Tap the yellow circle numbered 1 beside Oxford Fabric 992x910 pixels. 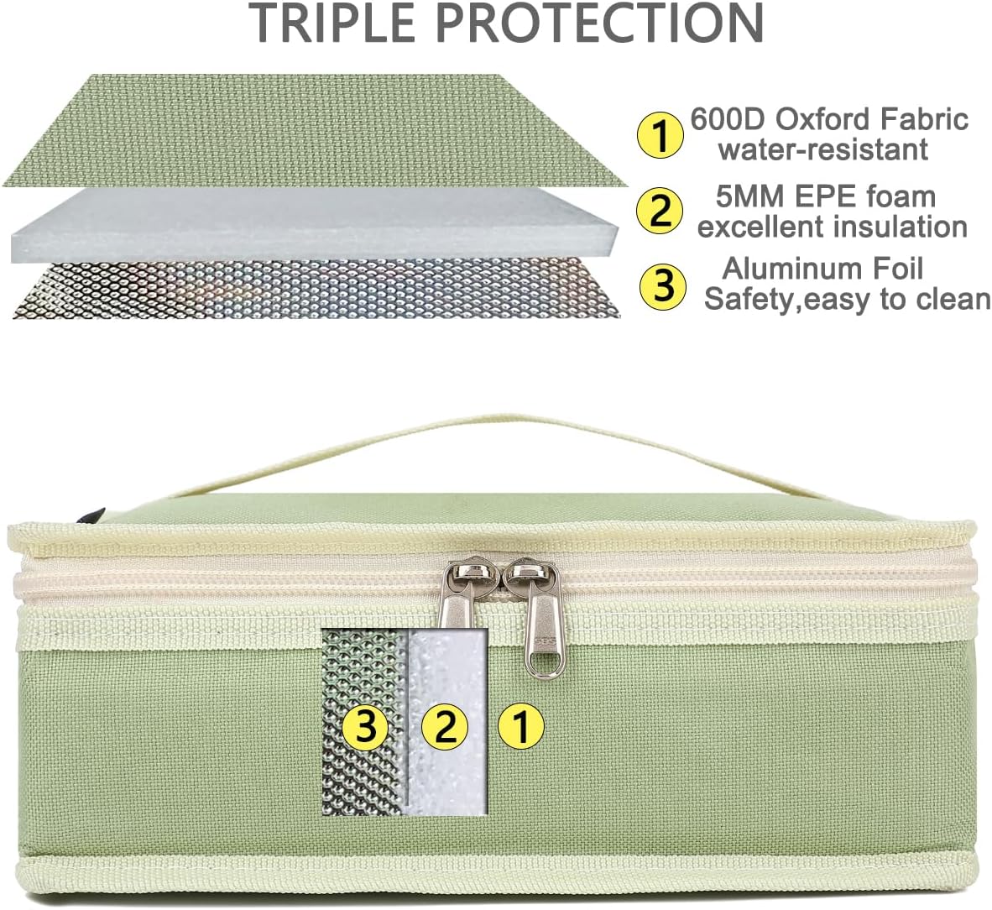pos(660,133)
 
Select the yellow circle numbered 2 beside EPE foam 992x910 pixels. pos(660,211)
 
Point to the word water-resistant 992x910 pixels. pos(823,149)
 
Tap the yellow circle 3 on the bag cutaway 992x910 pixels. pos(365,726)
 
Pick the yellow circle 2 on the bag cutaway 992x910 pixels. pos(445,726)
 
